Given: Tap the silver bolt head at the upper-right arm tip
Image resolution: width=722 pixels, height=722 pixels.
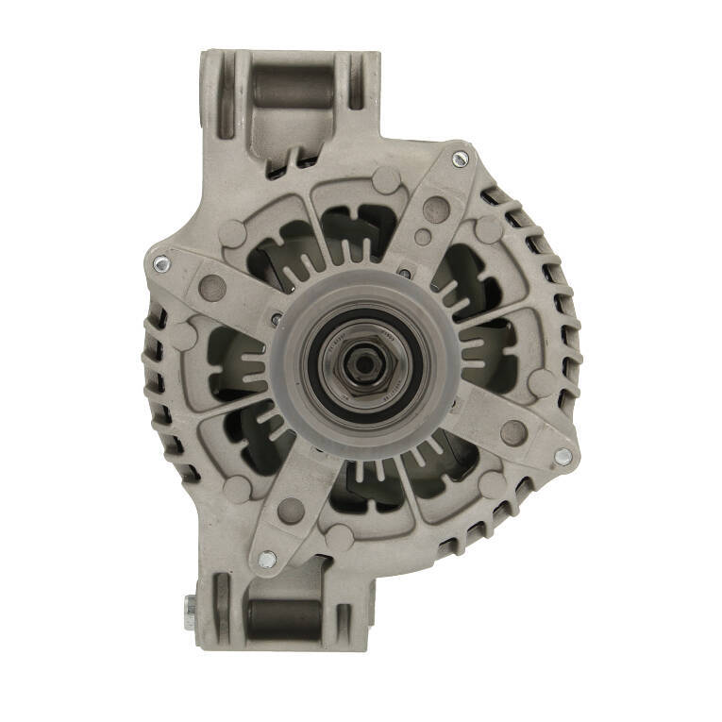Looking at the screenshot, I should [x=460, y=160].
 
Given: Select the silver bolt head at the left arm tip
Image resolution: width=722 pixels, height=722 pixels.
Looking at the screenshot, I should [x=160, y=265].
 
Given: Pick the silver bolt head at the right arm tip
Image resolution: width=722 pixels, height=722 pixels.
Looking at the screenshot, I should [x=562, y=457].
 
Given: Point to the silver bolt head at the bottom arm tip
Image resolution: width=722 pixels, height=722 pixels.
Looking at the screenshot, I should [x=267, y=559].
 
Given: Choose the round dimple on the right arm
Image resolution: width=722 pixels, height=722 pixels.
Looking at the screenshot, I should [x=512, y=432].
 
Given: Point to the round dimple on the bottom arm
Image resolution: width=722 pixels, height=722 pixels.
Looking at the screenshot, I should [x=292, y=510].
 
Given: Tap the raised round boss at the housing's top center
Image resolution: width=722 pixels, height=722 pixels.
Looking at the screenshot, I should [x=386, y=178].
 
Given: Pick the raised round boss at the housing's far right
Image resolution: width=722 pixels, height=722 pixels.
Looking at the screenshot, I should [x=541, y=381].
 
